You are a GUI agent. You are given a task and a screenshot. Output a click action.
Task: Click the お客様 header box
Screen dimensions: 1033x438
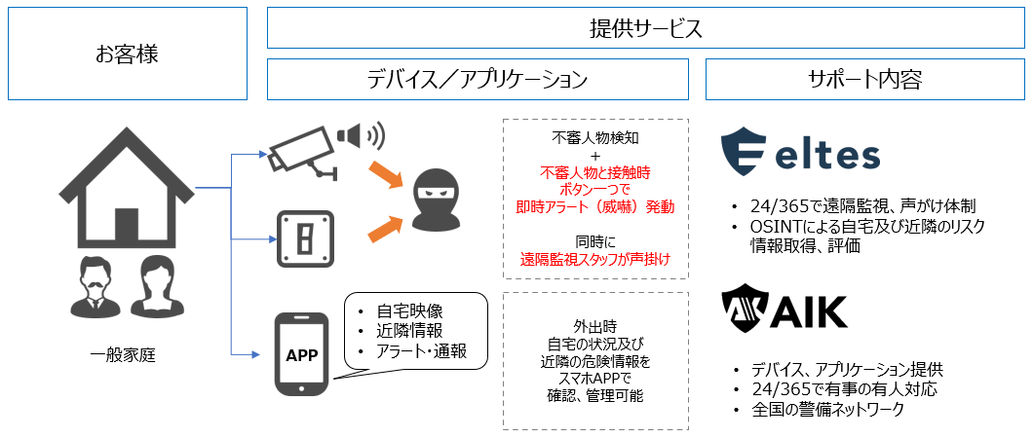pyautogui.click(x=127, y=55)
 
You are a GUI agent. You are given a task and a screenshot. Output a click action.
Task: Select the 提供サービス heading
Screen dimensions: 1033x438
pyautogui.click(x=645, y=28)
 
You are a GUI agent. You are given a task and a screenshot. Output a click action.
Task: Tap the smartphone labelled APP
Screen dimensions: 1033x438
pyautogui.click(x=302, y=355)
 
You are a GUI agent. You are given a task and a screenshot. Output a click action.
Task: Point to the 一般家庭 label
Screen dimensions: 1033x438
pyautogui.click(x=123, y=355)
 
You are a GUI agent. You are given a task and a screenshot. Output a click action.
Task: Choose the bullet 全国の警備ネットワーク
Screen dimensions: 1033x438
pyautogui.click(x=828, y=411)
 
